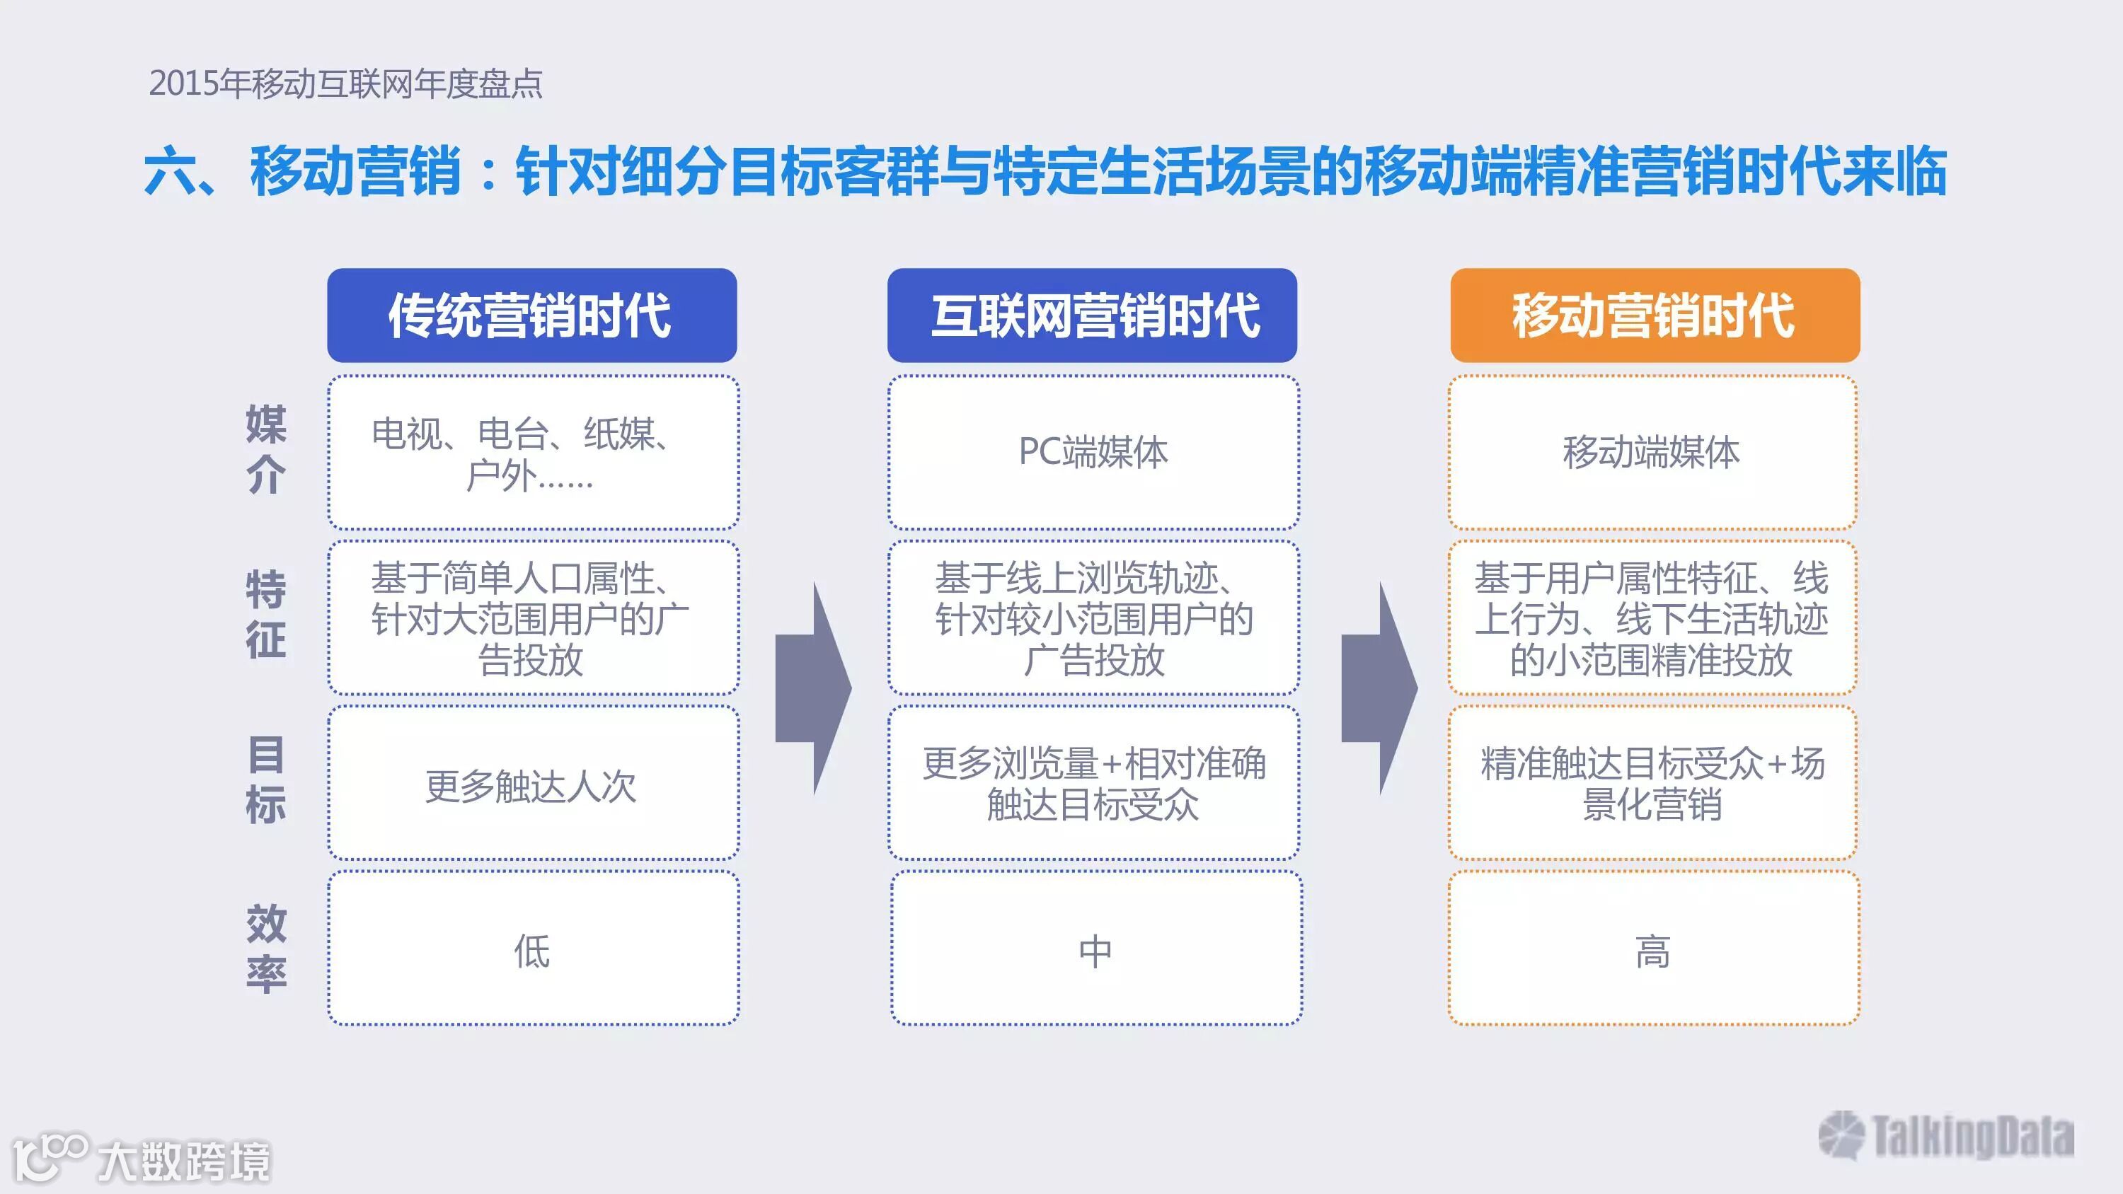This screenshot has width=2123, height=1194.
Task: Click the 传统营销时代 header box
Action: click(x=531, y=315)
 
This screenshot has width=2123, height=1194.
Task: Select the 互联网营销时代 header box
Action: click(x=1092, y=315)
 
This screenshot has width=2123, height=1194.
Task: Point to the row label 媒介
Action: click(x=266, y=449)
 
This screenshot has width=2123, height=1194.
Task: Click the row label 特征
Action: click(x=266, y=615)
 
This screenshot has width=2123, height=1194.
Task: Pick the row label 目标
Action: click(x=266, y=780)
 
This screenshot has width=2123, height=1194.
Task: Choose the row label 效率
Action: click(x=266, y=948)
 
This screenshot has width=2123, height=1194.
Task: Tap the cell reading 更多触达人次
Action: click(x=531, y=785)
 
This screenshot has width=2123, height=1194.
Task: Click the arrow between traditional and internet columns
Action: click(x=812, y=689)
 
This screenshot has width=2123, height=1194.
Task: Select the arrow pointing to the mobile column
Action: click(x=1379, y=689)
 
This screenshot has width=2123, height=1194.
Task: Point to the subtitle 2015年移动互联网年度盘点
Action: click(x=345, y=84)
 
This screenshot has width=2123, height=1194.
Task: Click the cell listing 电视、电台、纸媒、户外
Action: click(x=531, y=453)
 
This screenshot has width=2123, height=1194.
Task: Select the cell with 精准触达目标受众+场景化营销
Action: click(x=1652, y=784)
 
